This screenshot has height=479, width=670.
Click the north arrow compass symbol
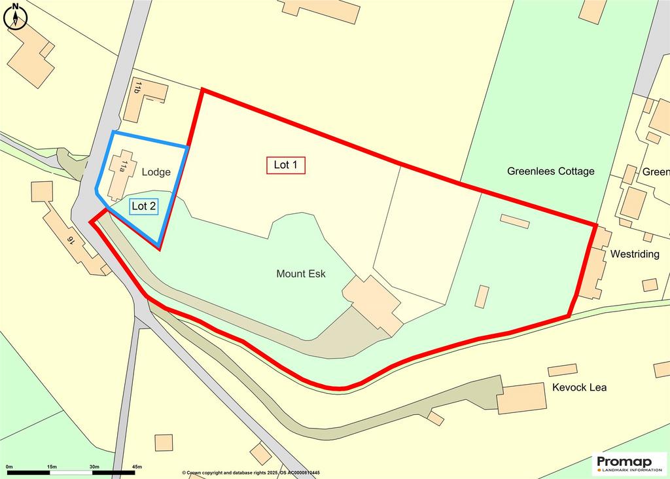(x=14, y=16)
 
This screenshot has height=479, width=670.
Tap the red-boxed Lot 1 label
(x=286, y=165)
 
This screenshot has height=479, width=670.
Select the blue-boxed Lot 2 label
(x=144, y=206)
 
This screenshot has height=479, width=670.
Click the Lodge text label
(x=156, y=172)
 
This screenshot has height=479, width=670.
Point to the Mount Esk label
(x=301, y=274)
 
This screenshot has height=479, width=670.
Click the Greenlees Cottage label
(x=551, y=171)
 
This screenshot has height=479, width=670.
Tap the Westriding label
(x=635, y=254)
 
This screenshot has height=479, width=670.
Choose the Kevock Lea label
(x=579, y=387)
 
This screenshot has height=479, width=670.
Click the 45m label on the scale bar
(x=137, y=466)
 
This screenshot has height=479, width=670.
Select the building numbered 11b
(x=145, y=99)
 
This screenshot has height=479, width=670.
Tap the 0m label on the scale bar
(x=9, y=466)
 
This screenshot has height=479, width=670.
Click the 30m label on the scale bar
(x=94, y=466)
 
